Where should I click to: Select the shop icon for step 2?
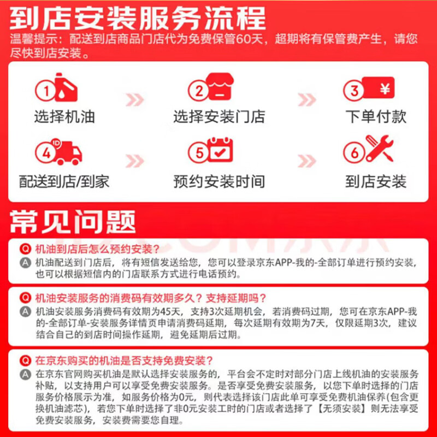click(219, 89)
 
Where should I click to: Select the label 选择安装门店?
click(219, 116)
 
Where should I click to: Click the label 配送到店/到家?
click(64, 181)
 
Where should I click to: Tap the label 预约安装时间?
click(219, 181)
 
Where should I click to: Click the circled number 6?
click(356, 153)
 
